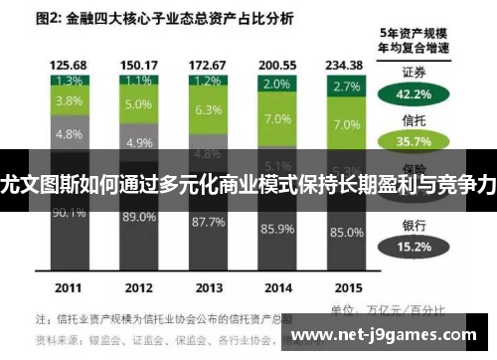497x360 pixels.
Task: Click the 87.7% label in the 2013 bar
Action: [208, 221]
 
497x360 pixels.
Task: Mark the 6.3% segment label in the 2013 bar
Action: [208, 109]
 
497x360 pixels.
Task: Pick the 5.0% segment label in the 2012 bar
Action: [138, 103]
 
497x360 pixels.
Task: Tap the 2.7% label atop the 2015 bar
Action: [347, 87]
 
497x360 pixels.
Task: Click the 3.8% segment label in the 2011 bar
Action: [68, 100]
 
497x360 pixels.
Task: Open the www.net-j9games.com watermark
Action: [396, 335]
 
